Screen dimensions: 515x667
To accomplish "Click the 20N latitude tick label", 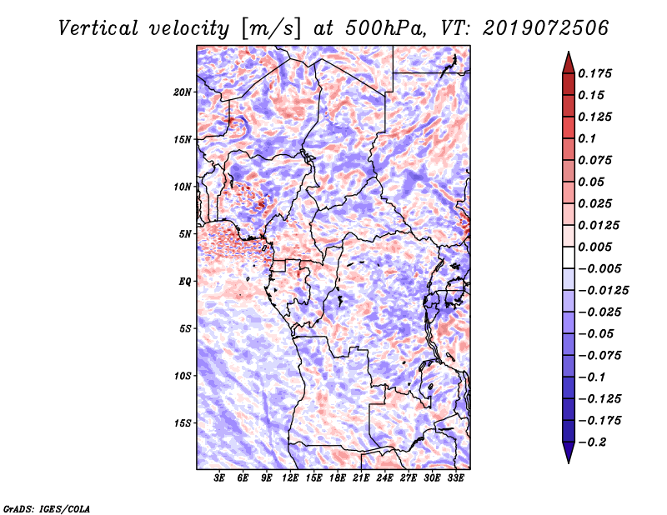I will pos(183,92).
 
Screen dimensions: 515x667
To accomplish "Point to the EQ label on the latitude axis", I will pos(185,282).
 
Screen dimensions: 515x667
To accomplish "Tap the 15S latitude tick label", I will pos(183,423).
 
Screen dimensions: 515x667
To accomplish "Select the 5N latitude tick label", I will pos(185,234).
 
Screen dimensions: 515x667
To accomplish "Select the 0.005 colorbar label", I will pos(597,247).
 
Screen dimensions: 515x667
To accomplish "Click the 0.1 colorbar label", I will pos(589,138).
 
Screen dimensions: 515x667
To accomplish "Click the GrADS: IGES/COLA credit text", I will pos(46,507).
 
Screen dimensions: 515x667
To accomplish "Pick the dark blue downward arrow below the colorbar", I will pos(568,452).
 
